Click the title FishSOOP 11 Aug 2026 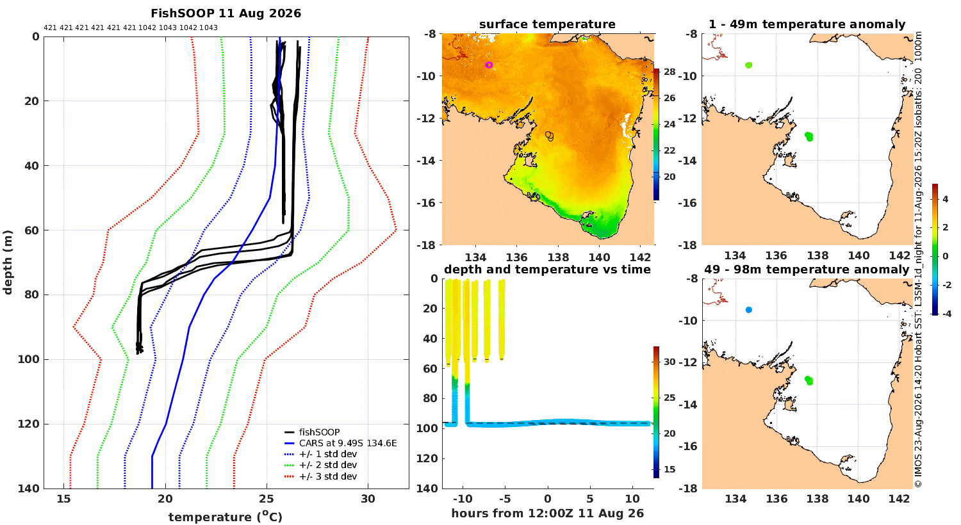[x=226, y=13]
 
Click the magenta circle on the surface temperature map [x=489, y=65]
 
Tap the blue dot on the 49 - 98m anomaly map [x=749, y=310]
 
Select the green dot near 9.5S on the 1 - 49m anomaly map [x=749, y=65]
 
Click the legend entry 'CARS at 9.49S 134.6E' [x=348, y=443]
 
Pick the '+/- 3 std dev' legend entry [x=328, y=476]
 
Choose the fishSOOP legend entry [x=319, y=432]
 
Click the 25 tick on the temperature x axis [x=267, y=499]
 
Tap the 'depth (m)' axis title [x=8, y=262]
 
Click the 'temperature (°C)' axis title [x=226, y=517]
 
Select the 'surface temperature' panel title [x=547, y=24]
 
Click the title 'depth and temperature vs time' [x=547, y=270]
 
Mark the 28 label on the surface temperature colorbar [x=669, y=72]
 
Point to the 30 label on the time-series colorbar [x=669, y=362]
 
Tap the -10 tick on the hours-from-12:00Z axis [x=463, y=499]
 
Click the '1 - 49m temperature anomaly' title [x=807, y=24]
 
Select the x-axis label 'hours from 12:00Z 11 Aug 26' [x=547, y=513]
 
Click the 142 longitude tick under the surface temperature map [x=641, y=257]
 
